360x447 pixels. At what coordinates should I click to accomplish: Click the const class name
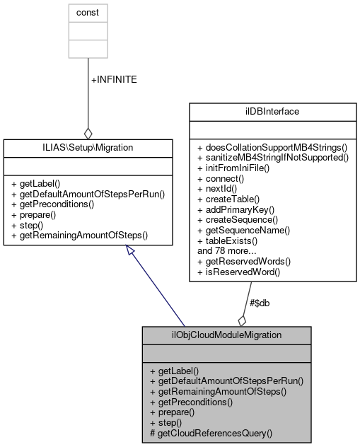[x=88, y=13]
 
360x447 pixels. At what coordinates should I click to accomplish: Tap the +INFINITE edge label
[x=114, y=80]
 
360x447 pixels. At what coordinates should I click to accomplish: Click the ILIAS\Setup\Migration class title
[x=88, y=147]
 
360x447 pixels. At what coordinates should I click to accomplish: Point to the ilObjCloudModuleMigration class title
[x=226, y=335]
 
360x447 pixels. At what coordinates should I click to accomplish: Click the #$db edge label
[x=259, y=303]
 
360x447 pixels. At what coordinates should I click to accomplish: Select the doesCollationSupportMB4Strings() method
[x=272, y=147]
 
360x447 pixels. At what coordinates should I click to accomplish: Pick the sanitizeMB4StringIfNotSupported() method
[x=273, y=157]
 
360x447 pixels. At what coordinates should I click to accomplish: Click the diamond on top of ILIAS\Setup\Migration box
[x=88, y=132]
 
